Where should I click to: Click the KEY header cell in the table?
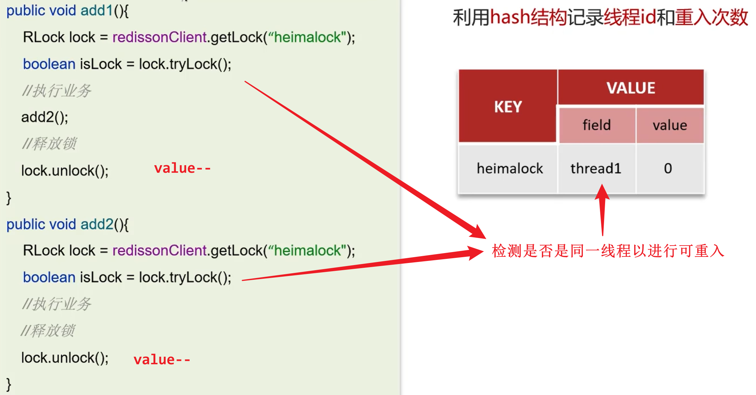[x=508, y=107]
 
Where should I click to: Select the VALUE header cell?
[x=631, y=88]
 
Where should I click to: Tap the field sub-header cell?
[x=597, y=125]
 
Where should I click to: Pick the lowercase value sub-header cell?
[x=670, y=125]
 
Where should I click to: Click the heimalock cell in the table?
[x=510, y=169]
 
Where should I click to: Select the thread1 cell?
[x=595, y=169]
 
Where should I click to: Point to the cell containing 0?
[x=668, y=169]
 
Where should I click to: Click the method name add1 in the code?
[x=97, y=11]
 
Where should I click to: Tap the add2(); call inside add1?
[x=44, y=117]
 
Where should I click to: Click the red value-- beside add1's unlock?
[x=182, y=168]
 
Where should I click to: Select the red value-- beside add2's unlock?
[x=162, y=360]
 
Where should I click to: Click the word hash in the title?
[x=510, y=17]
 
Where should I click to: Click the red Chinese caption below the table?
[x=608, y=251]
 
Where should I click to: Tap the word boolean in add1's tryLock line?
[x=49, y=64]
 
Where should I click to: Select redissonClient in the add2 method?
[x=159, y=250]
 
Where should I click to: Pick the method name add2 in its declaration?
[x=97, y=224]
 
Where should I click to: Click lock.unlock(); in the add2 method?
[x=65, y=358]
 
